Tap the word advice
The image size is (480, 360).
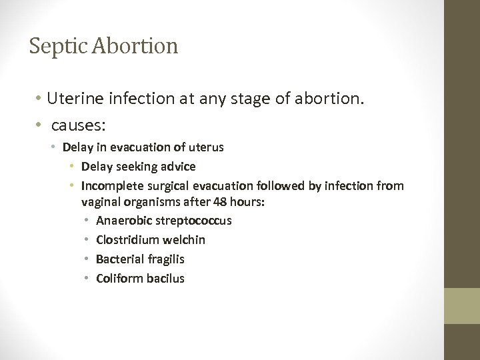pyautogui.click(x=177, y=167)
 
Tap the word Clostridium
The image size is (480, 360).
pyautogui.click(x=127, y=239)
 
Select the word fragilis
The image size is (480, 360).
pyautogui.click(x=167, y=259)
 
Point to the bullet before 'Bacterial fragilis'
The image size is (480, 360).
pyautogui.click(x=87, y=259)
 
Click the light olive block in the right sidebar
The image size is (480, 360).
pyautogui.click(x=463, y=306)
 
